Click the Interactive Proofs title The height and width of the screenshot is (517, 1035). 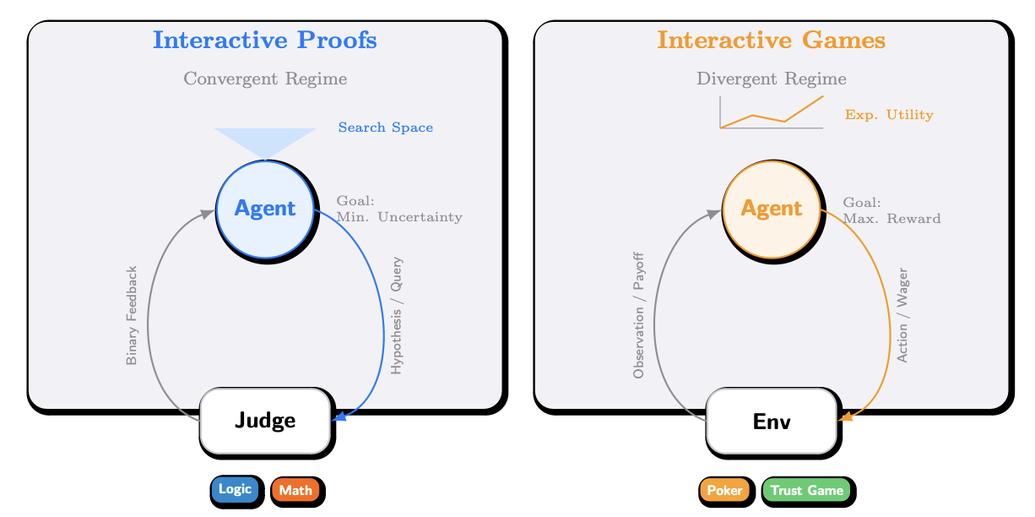pos(264,40)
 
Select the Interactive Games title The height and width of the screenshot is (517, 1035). pos(771,40)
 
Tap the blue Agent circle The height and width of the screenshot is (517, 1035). pos(265,208)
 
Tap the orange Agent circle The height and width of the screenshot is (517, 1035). pos(772,208)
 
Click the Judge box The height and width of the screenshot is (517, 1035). pos(265,420)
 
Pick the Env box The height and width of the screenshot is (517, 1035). pos(772,420)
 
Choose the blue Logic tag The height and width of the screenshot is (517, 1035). pos(235,489)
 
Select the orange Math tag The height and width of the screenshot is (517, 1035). pos(295,490)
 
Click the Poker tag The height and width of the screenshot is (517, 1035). pos(724,490)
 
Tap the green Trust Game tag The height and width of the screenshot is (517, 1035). pos(806,490)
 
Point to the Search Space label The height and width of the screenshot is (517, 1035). pos(386,128)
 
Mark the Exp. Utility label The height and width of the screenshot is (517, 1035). pos(889,115)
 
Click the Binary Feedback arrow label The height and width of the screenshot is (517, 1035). pos(132,316)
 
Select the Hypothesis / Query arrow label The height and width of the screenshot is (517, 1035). pos(398,316)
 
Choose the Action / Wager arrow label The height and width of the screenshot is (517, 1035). pos(902,316)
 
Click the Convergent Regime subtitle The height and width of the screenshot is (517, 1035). pos(265,79)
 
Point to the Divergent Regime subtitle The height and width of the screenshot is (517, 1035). pos(771,79)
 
